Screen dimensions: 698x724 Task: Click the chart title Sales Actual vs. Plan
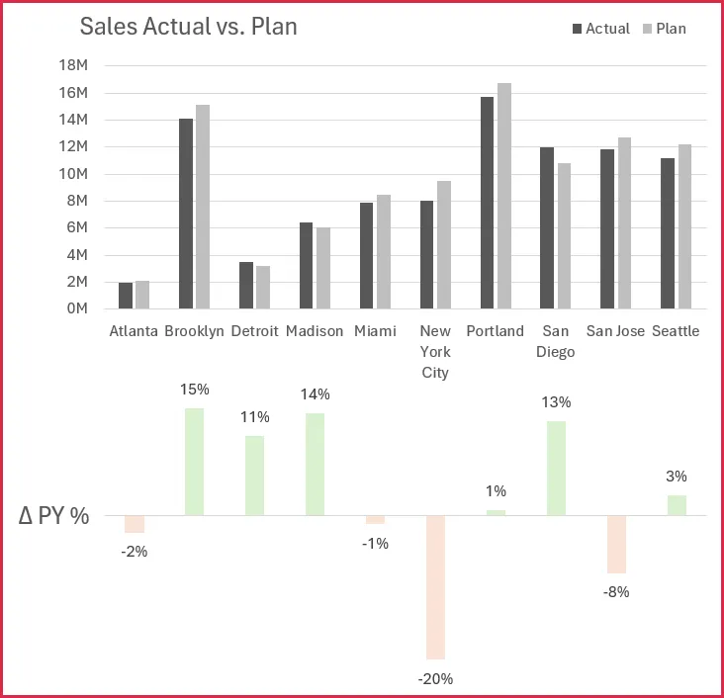coord(188,27)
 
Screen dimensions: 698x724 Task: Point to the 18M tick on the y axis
coord(75,65)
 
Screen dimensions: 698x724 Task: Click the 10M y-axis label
coord(75,174)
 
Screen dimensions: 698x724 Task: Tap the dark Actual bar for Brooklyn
coord(186,214)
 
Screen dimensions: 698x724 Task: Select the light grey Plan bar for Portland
coord(504,196)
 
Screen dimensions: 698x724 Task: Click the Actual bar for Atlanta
coord(126,296)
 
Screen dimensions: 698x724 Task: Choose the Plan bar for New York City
coord(444,244)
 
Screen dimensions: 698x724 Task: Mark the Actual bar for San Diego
coord(548,227)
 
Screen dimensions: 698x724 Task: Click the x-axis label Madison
coord(315,331)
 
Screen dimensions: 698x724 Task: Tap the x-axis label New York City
coord(435,352)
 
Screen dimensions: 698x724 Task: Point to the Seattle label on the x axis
coord(676,331)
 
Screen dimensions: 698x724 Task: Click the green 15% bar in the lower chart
coord(194,462)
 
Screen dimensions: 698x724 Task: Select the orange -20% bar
coord(435,587)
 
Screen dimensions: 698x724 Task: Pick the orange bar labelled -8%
coord(616,544)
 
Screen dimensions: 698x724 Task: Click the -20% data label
coord(435,679)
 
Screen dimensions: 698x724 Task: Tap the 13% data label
coord(556,402)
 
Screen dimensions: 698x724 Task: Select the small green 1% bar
coord(496,512)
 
